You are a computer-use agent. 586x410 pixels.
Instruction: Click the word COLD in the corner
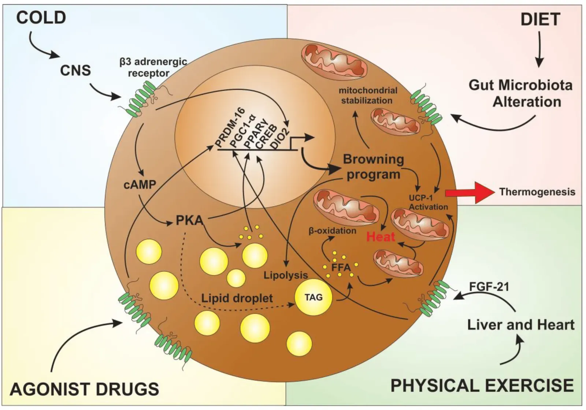(41, 18)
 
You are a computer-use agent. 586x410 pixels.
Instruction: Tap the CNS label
(75, 70)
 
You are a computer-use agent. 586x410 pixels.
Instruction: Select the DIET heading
(540, 19)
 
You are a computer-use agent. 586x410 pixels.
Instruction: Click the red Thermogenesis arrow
(469, 192)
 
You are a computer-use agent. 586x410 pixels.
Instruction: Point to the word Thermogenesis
(537, 192)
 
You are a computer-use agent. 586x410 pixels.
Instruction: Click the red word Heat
(381, 237)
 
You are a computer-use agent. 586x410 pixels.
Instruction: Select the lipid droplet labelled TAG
(314, 297)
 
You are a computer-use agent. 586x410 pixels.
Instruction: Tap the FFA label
(341, 267)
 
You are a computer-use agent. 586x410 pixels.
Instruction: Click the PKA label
(189, 221)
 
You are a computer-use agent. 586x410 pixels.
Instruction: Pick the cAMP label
(140, 185)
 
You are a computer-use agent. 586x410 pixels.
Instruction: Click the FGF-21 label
(489, 286)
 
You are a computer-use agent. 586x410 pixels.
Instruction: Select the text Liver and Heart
(521, 325)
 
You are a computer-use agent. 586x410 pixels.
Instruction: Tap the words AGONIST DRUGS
(85, 389)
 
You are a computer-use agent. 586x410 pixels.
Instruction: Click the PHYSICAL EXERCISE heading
(482, 386)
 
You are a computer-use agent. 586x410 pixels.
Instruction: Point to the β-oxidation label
(332, 231)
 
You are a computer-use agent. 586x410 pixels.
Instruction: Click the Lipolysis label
(286, 275)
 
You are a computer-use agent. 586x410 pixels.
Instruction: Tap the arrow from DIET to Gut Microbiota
(539, 49)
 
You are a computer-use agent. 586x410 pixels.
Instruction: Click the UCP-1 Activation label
(428, 203)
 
